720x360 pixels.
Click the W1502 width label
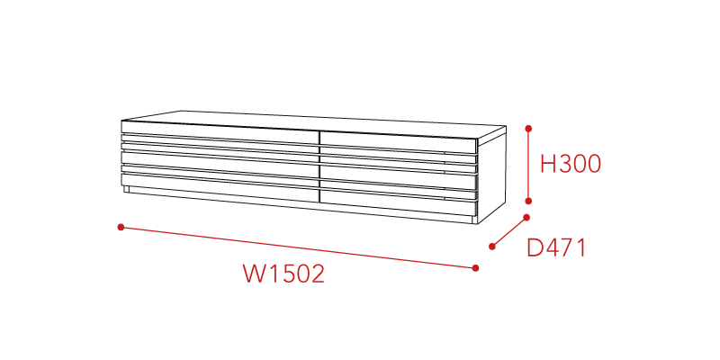click(283, 274)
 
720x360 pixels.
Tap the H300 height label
click(571, 164)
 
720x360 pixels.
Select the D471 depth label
click(556, 248)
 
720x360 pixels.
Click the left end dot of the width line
click(121, 227)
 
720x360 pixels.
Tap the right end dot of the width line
click(475, 267)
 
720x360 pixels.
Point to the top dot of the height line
click(528, 129)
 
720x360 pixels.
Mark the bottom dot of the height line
click(528, 201)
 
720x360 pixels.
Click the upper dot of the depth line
click(526, 217)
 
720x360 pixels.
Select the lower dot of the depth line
click(491, 247)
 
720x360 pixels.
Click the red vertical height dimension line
click(528, 165)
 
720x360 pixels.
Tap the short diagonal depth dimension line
click(508, 232)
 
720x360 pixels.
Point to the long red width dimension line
click(298, 247)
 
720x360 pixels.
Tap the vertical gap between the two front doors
click(319, 166)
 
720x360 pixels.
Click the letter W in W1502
click(252, 274)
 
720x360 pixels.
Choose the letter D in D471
click(534, 248)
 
